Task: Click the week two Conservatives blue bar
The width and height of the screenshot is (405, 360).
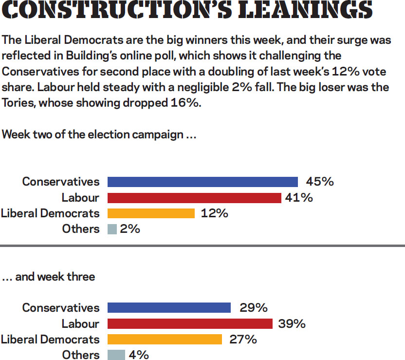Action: click(x=202, y=182)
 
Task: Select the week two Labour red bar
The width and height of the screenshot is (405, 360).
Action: click(x=194, y=198)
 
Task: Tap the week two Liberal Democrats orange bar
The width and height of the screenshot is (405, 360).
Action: click(x=151, y=213)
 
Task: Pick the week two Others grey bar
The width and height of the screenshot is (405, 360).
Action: click(x=112, y=229)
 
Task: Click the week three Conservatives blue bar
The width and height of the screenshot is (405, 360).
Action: click(x=169, y=308)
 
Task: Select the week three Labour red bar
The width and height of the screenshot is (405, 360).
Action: click(x=190, y=323)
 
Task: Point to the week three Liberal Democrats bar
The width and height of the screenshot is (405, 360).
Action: click(x=165, y=339)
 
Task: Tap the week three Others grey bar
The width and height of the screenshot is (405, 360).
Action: click(x=116, y=355)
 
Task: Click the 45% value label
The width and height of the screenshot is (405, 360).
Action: click(x=320, y=182)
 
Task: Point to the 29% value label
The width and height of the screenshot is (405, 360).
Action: click(x=253, y=308)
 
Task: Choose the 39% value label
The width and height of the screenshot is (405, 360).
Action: click(x=291, y=323)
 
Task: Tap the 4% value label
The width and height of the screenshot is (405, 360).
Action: click(x=139, y=355)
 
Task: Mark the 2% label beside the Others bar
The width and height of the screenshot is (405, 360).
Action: click(x=130, y=229)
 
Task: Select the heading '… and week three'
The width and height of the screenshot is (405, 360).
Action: click(x=48, y=277)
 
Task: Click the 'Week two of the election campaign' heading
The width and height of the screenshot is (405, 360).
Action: click(x=99, y=135)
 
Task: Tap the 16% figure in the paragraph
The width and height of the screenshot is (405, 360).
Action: click(x=184, y=104)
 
